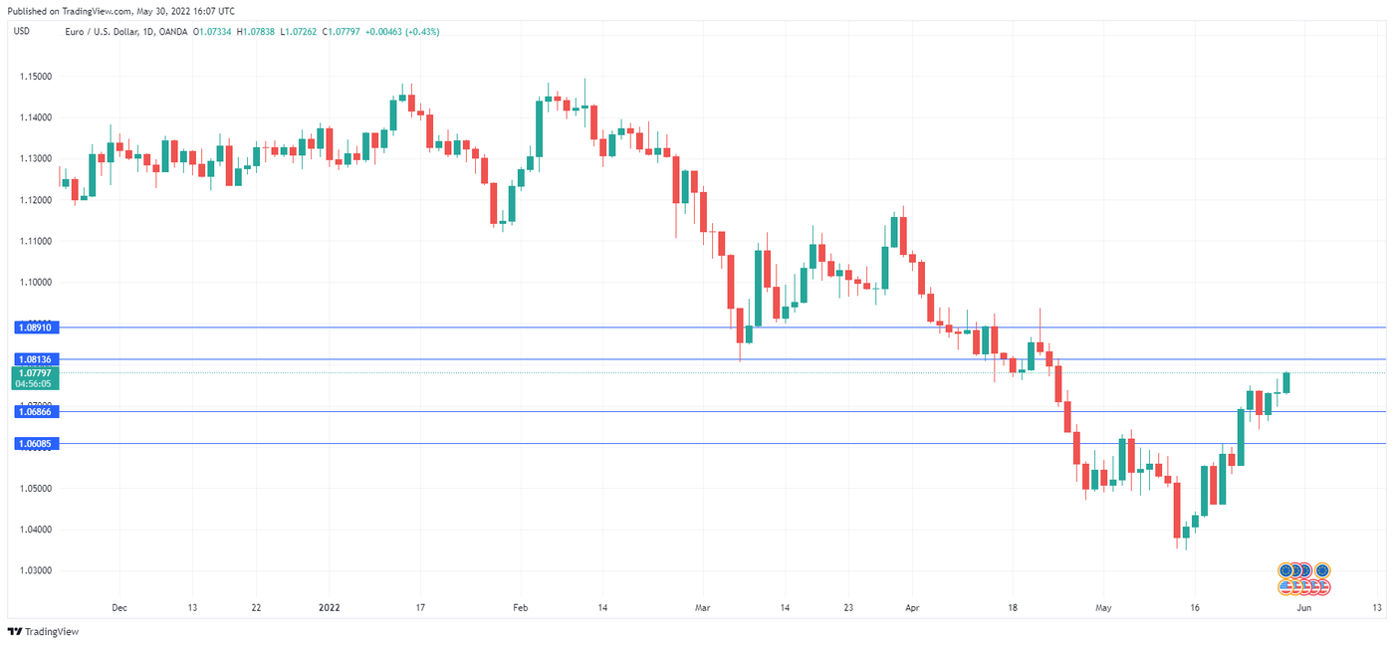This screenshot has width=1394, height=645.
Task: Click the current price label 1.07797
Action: point(35,373)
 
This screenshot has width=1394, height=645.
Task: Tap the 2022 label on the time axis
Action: point(330,607)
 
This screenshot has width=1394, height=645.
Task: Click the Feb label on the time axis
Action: point(517,607)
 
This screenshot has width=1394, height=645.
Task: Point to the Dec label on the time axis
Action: point(118,607)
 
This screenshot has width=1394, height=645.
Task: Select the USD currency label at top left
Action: point(20,32)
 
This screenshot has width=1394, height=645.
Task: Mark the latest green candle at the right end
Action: point(1286,382)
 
